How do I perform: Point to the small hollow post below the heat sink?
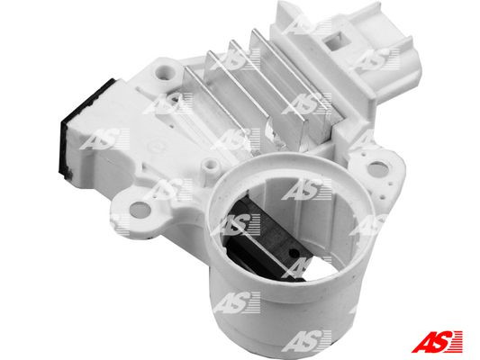[x=209, y=166]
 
